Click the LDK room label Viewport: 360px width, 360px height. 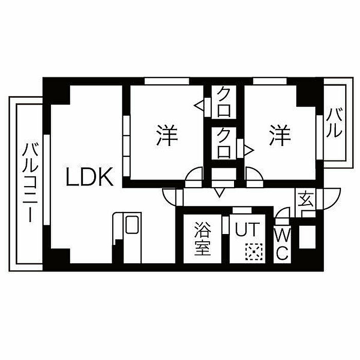pos(89,176)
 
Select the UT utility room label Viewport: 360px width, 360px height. pos(247,229)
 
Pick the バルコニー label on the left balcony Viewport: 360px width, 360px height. pos(30,183)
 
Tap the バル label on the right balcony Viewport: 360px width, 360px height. pos(334,123)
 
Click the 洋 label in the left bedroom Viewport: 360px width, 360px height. pos(167,135)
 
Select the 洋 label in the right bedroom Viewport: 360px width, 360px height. pos(280,135)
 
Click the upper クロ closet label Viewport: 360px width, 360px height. pos(224,102)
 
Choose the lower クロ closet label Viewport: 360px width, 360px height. pos(224,143)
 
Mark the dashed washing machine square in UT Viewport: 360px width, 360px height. pos(254,251)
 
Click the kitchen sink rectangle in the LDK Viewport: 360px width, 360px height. pos(132,225)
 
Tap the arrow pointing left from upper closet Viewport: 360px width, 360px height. pos(200,105)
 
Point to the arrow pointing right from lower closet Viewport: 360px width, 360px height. pos(249,151)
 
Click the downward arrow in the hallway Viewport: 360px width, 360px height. pos(219,192)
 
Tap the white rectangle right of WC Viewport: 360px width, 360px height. pos(308,237)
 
